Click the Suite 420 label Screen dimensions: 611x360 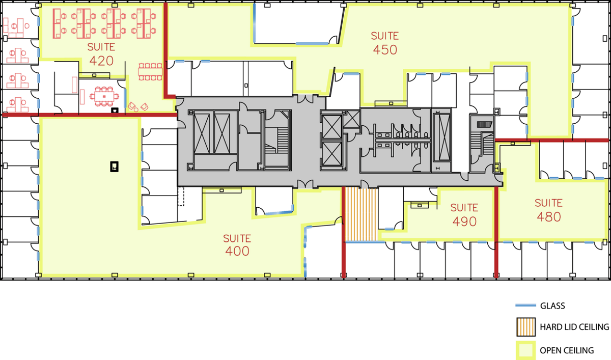(101, 54)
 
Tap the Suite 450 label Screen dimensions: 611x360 (385, 43)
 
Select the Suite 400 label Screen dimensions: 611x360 (237, 245)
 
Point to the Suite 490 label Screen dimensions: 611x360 (464, 215)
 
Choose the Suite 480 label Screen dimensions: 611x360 (548, 210)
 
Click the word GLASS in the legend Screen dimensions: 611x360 (552, 306)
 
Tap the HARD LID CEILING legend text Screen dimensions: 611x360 (574, 327)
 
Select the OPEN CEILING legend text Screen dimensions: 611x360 (567, 350)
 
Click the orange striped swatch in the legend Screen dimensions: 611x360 (526, 327)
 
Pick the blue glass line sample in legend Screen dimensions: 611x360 (525, 306)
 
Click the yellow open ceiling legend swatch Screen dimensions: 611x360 (525, 350)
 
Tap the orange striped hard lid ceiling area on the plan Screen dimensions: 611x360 (362, 214)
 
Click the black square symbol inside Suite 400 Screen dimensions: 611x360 (114, 167)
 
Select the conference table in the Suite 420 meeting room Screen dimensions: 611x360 (104, 97)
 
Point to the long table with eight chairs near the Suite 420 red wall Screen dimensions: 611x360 (150, 72)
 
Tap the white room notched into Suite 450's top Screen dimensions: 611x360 (297, 23)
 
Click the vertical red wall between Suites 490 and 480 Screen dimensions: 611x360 (496, 232)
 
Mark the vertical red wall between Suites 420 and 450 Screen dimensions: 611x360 (165, 50)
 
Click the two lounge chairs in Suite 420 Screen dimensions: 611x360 (138, 106)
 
